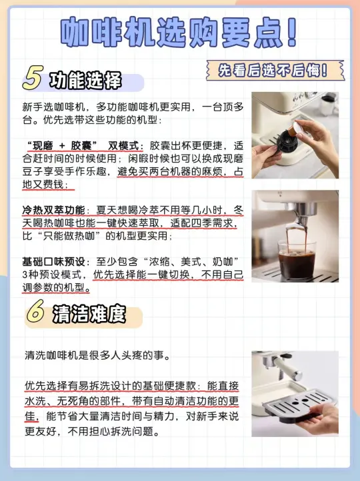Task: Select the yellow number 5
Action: [32, 78]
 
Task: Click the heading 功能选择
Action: [85, 81]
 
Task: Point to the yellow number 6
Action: [35, 311]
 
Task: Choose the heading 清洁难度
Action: [89, 314]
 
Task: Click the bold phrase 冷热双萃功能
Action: [53, 211]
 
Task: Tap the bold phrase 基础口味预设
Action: [53, 262]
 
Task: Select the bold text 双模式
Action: [124, 146]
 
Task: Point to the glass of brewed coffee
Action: [297, 260]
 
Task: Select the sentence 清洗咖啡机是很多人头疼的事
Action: [97, 356]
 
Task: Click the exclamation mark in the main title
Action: [291, 32]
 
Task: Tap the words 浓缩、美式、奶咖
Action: [191, 262]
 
